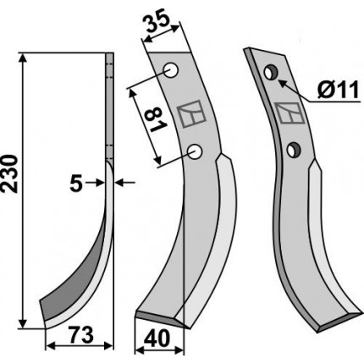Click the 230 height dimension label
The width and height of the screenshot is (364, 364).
click(10, 174)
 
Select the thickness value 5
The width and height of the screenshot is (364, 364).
click(75, 184)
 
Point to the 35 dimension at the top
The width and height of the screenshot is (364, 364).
click(157, 23)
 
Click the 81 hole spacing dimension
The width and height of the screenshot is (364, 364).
click(154, 120)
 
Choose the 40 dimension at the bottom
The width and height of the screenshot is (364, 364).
click(157, 339)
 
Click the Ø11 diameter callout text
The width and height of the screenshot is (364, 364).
click(338, 90)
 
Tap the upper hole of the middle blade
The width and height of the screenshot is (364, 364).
click(171, 71)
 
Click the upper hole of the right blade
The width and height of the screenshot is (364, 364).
click(271, 73)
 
